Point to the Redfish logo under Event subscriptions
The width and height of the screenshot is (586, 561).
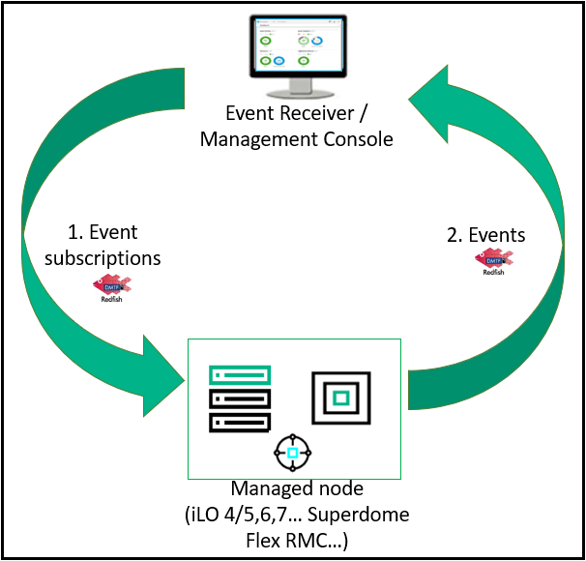tap(110, 287)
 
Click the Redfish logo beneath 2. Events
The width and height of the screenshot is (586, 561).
tap(493, 261)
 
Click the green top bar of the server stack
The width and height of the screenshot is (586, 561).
tap(240, 373)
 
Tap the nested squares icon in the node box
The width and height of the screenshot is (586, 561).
tap(340, 397)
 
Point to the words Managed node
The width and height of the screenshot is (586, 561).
tap(291, 490)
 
